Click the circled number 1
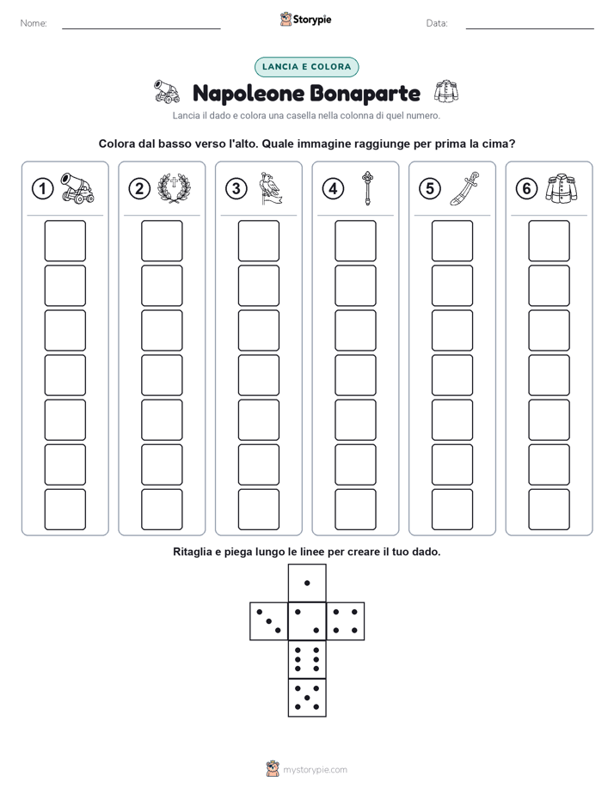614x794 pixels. tap(42, 189)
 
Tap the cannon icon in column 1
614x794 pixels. tap(77, 188)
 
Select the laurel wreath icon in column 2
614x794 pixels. tap(174, 188)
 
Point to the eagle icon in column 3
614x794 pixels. tap(270, 188)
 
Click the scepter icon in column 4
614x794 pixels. tap(367, 188)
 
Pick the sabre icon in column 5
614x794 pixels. tap(464, 188)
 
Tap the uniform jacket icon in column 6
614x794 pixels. tap(562, 188)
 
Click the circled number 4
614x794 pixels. tap(333, 189)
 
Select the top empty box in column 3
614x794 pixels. tap(258, 241)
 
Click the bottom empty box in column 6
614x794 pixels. tap(549, 510)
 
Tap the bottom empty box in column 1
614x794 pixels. tap(64, 510)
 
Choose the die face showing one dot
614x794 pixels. tap(307, 583)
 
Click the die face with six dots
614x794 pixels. tap(307, 659)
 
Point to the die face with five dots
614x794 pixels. tap(307, 697)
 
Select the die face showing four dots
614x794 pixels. tap(345, 621)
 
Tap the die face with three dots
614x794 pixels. tap(269, 621)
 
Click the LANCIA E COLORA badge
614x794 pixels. tap(306, 67)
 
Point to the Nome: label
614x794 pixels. tap(34, 23)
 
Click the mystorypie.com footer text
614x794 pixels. tap(315, 770)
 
